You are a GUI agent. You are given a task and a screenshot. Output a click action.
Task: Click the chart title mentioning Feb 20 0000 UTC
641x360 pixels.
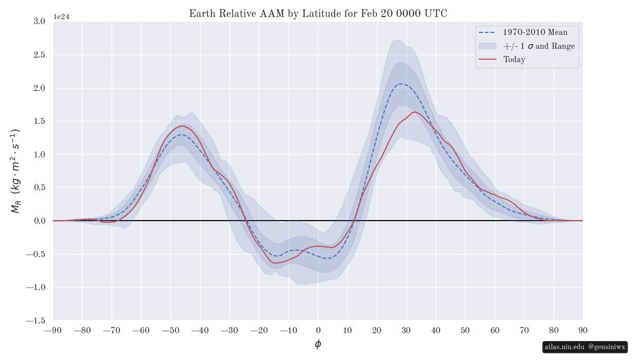tap(318, 14)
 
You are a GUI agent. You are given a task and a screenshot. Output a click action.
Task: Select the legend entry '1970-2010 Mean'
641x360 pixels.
tap(535, 32)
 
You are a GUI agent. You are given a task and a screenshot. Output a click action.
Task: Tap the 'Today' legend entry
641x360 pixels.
tap(514, 60)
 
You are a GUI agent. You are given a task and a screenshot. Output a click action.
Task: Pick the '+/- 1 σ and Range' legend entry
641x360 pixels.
tap(539, 46)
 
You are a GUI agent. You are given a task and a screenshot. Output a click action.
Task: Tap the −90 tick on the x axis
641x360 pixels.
tap(53, 330)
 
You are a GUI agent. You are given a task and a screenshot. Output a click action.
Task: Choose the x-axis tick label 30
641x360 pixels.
tap(406, 330)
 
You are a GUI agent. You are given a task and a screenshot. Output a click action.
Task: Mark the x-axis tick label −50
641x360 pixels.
tap(170, 330)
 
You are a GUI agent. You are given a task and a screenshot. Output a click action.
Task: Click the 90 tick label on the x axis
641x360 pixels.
tap(583, 330)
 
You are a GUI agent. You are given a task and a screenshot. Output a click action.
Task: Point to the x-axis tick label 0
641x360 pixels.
tap(318, 330)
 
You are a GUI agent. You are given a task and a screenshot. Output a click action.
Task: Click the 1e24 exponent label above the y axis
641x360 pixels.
tap(61, 16)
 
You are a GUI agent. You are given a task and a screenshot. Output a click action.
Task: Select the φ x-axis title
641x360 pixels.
tap(318, 344)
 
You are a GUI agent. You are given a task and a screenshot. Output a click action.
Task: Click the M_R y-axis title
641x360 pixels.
tap(15, 171)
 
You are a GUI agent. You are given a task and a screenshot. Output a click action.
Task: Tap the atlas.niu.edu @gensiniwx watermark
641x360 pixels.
tap(585, 347)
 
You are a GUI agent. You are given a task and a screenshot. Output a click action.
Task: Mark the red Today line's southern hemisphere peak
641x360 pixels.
tap(182, 126)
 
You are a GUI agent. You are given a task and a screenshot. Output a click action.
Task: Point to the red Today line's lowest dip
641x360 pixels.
tap(275, 263)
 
